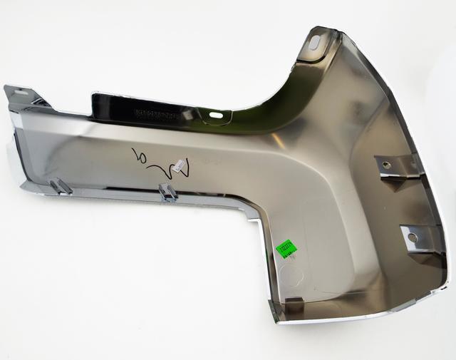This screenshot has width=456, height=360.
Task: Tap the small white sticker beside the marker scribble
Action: click(181, 165)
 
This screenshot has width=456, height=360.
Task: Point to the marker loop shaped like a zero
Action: click(137, 154)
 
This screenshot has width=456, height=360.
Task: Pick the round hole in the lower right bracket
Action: click(411, 236)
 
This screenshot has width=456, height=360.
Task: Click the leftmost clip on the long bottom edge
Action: click(60, 187)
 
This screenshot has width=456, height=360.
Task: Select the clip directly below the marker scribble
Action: click(168, 192)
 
